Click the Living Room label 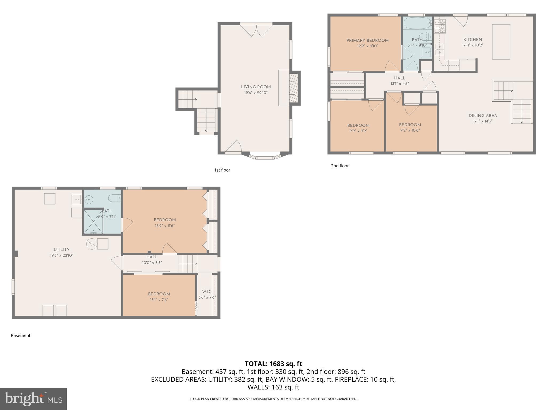pyautogui.click(x=256, y=87)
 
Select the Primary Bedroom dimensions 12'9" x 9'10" pyautogui.click(x=368, y=46)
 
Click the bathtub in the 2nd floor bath pyautogui.click(x=417, y=24)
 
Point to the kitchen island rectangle pyautogui.click(x=501, y=42)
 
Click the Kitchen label pyautogui.click(x=472, y=40)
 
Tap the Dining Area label pyautogui.click(x=483, y=116)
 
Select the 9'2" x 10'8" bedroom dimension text pyautogui.click(x=410, y=131)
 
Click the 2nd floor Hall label pyautogui.click(x=400, y=78)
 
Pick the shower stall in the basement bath pyautogui.click(x=93, y=222)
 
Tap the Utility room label pyautogui.click(x=61, y=250)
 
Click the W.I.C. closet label pyautogui.click(x=207, y=291)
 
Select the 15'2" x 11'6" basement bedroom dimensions pyautogui.click(x=165, y=226)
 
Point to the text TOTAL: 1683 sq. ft pyautogui.click(x=273, y=364)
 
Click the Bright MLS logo pyautogui.click(x=33, y=399)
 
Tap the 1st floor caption pyautogui.click(x=222, y=170)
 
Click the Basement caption pyautogui.click(x=21, y=336)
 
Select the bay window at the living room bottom pyautogui.click(x=265, y=157)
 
